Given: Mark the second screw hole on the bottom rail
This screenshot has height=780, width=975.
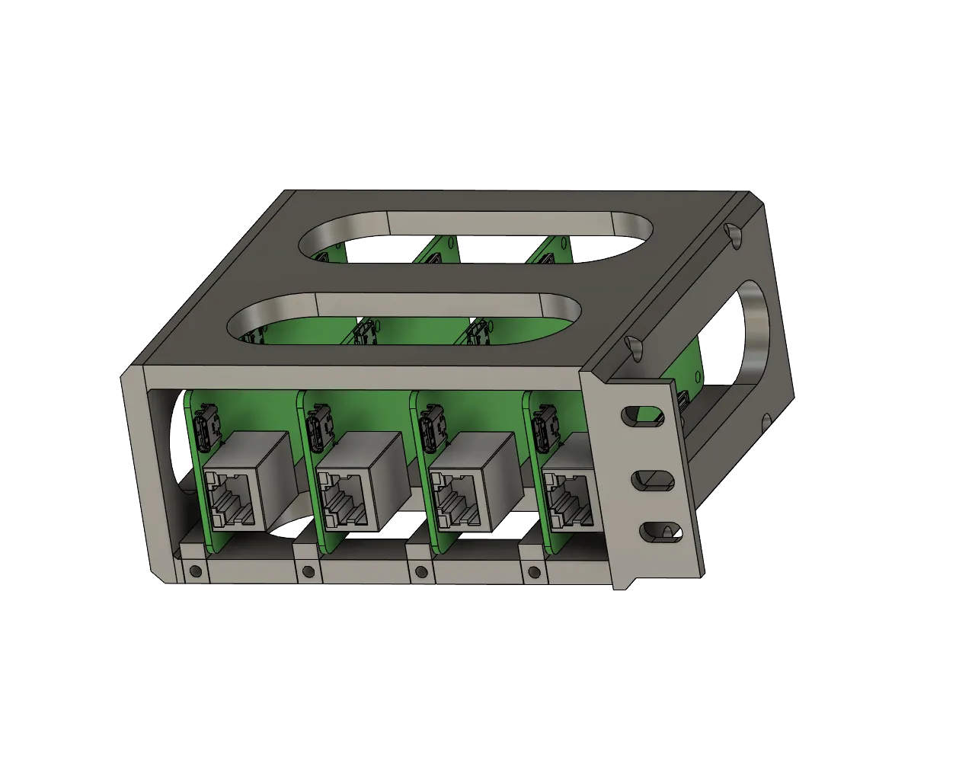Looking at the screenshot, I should coord(308,571).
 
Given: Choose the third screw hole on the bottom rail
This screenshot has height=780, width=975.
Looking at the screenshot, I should coord(420,572).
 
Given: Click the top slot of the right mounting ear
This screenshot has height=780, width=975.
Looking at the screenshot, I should coord(638,415).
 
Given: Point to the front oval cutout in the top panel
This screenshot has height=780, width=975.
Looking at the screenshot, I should coord(404,318).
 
